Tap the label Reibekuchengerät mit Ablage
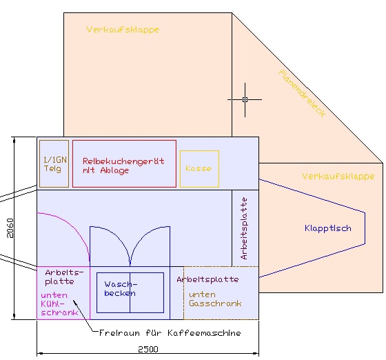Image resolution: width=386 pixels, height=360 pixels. [123, 166]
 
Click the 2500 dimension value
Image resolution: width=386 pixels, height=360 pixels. [148, 349]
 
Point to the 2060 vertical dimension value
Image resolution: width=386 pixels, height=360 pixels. [10, 228]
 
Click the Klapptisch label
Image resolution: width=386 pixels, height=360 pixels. [328, 228]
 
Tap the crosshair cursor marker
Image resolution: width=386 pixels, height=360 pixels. [245, 100]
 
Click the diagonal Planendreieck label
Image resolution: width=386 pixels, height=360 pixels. [302, 93]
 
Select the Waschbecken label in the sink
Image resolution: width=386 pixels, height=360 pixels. [121, 288]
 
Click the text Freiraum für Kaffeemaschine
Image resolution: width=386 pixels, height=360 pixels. [170, 333]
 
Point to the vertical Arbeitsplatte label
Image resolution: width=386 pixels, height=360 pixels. [244, 228]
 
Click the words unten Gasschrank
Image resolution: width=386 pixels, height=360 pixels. [215, 299]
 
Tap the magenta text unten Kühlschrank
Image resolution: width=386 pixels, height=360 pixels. [59, 304]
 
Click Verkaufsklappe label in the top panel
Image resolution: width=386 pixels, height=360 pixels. [123, 30]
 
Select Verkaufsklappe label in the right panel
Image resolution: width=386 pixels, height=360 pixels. [338, 177]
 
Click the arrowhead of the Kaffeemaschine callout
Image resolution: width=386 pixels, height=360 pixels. [74, 301]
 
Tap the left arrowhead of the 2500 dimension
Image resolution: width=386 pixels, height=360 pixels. [39, 354]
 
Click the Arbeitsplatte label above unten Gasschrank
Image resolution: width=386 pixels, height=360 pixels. [207, 279]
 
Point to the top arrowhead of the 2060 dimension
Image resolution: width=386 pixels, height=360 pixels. [14, 139]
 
